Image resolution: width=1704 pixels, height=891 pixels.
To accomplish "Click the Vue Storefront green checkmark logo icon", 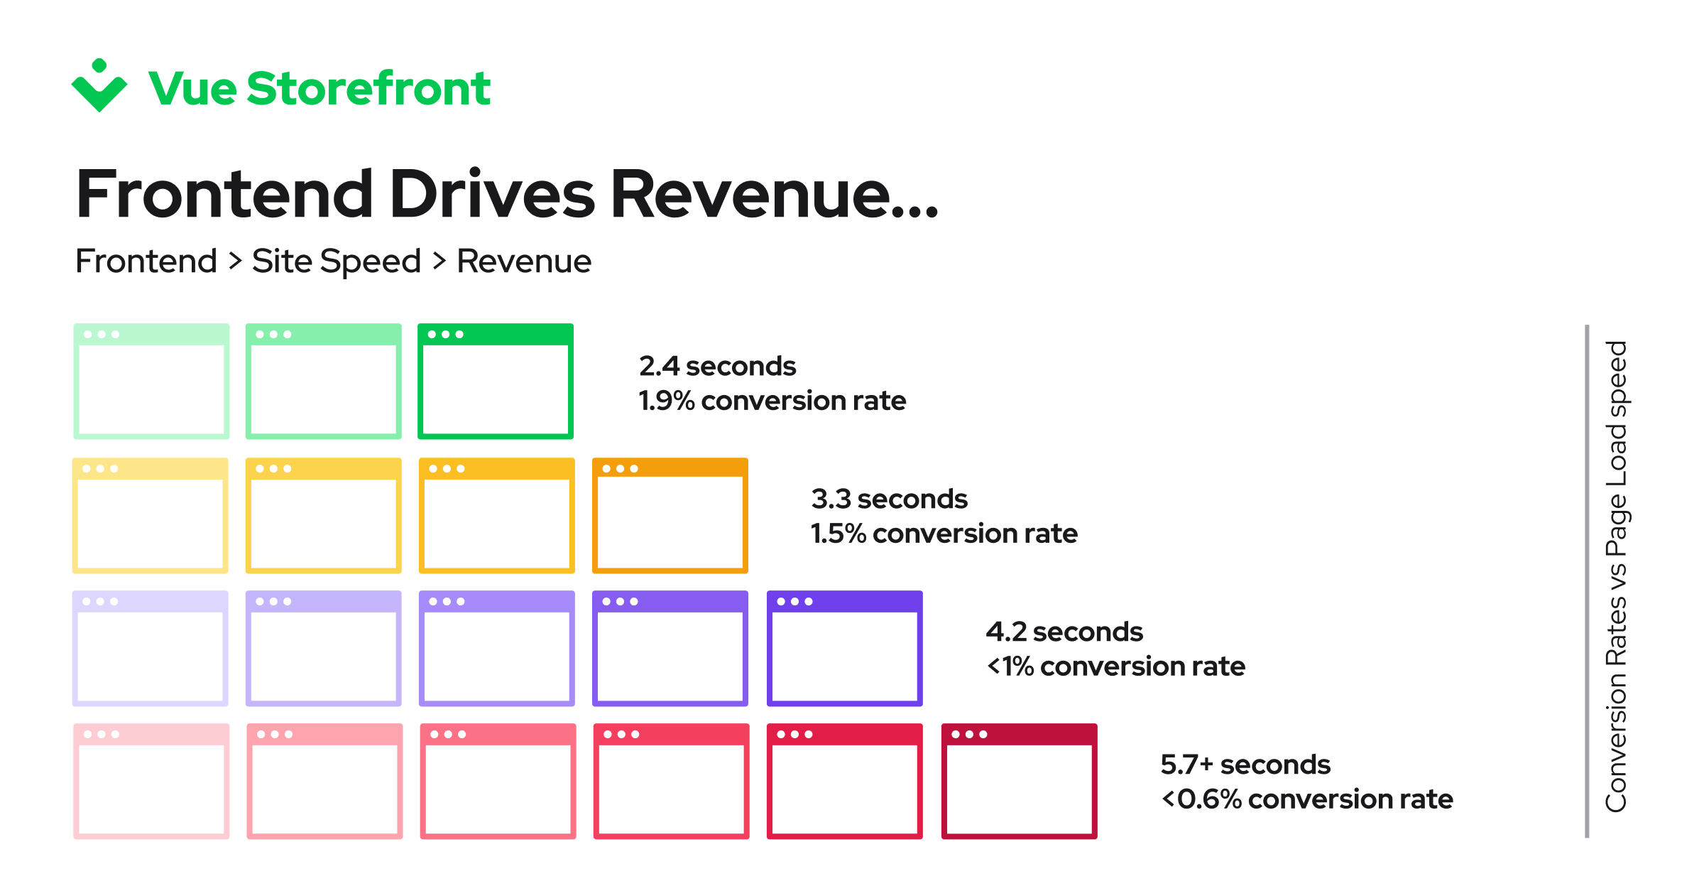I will (x=99, y=87).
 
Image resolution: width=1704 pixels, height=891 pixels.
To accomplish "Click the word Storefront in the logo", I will (x=368, y=89).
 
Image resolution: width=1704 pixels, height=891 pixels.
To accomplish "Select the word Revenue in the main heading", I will (x=774, y=193).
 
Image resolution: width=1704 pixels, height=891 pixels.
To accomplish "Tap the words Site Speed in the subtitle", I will (x=336, y=261).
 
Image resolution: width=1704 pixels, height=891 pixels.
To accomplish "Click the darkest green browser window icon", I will (x=496, y=381).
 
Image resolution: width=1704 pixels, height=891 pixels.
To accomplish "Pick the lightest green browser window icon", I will (x=151, y=381).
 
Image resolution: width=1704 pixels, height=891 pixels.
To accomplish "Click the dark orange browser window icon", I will (x=670, y=515).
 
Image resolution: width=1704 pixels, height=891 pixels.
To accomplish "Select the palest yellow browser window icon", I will (x=151, y=515).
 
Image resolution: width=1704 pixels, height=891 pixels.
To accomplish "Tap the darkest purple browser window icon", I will (x=845, y=648).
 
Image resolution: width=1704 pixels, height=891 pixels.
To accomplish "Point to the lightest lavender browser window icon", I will (x=151, y=648).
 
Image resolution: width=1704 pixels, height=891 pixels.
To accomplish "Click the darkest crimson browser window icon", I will (x=1020, y=781).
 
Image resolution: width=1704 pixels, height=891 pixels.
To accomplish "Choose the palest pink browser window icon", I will (x=151, y=781).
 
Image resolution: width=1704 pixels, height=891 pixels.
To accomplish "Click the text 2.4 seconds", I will (x=717, y=367).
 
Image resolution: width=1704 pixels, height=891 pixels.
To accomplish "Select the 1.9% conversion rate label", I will (x=772, y=401).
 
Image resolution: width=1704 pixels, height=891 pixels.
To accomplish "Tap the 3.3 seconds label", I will (x=889, y=499).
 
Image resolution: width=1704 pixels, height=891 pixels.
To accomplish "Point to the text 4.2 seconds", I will (x=1064, y=632).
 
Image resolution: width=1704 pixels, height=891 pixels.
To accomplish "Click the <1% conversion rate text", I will (x=1115, y=666).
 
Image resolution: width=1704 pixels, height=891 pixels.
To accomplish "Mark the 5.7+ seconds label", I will (x=1245, y=765).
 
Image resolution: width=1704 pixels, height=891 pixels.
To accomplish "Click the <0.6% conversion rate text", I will (x=1306, y=799).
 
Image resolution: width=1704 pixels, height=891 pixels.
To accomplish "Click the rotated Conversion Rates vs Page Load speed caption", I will (x=1616, y=577).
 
